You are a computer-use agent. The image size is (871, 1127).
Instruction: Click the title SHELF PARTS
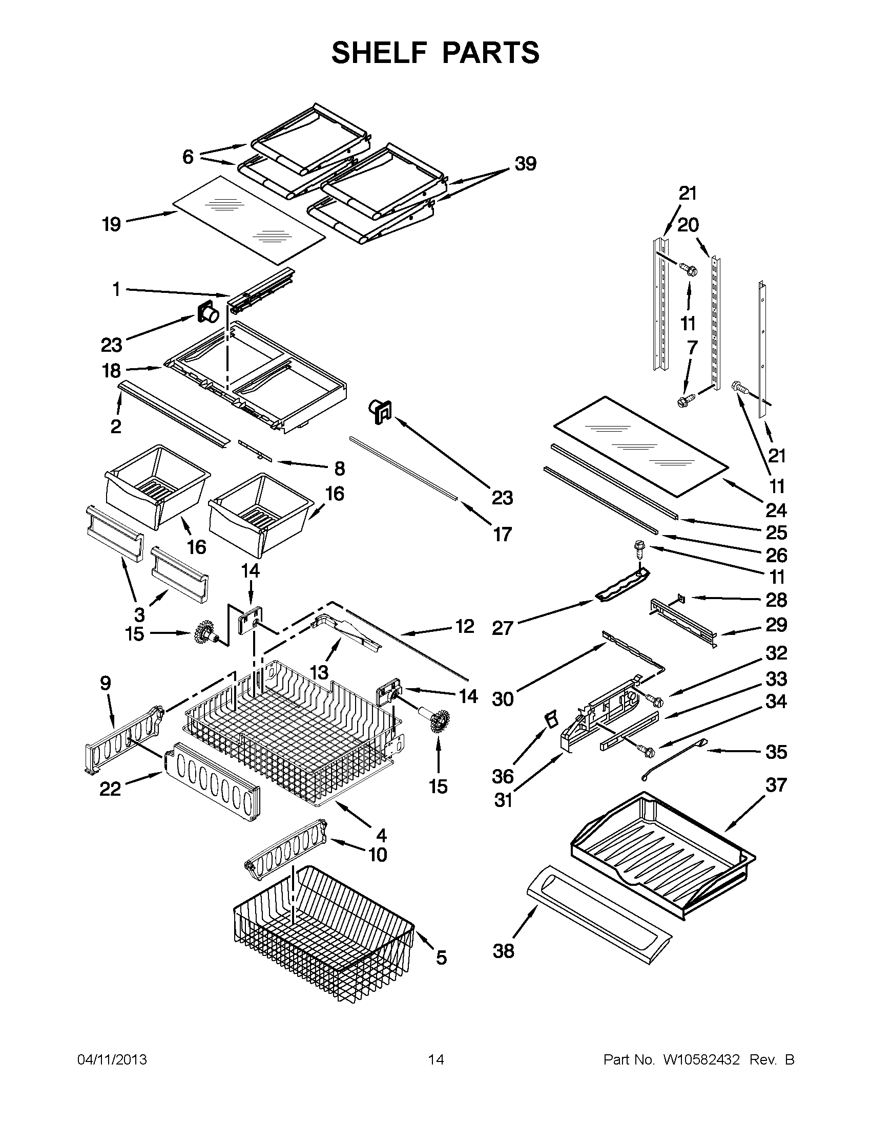pyautogui.click(x=435, y=53)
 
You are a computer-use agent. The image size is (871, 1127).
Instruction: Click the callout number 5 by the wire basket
pyautogui.click(x=441, y=958)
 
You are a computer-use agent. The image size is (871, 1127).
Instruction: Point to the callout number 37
pyautogui.click(x=776, y=785)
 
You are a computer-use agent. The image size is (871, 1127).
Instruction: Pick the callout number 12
pyautogui.click(x=465, y=626)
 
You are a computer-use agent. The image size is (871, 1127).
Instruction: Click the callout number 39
pyautogui.click(x=525, y=163)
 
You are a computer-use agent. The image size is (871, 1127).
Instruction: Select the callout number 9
pyautogui.click(x=106, y=683)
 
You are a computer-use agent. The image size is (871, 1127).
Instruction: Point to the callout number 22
pyautogui.click(x=110, y=789)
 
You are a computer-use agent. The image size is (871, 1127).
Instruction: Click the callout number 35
pyautogui.click(x=776, y=752)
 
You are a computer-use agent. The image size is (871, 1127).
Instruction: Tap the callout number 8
pyautogui.click(x=339, y=469)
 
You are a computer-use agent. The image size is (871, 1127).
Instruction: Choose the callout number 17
pyautogui.click(x=502, y=535)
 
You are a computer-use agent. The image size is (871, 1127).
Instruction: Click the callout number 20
pyautogui.click(x=688, y=224)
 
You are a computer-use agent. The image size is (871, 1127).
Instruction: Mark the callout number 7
pyautogui.click(x=692, y=347)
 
